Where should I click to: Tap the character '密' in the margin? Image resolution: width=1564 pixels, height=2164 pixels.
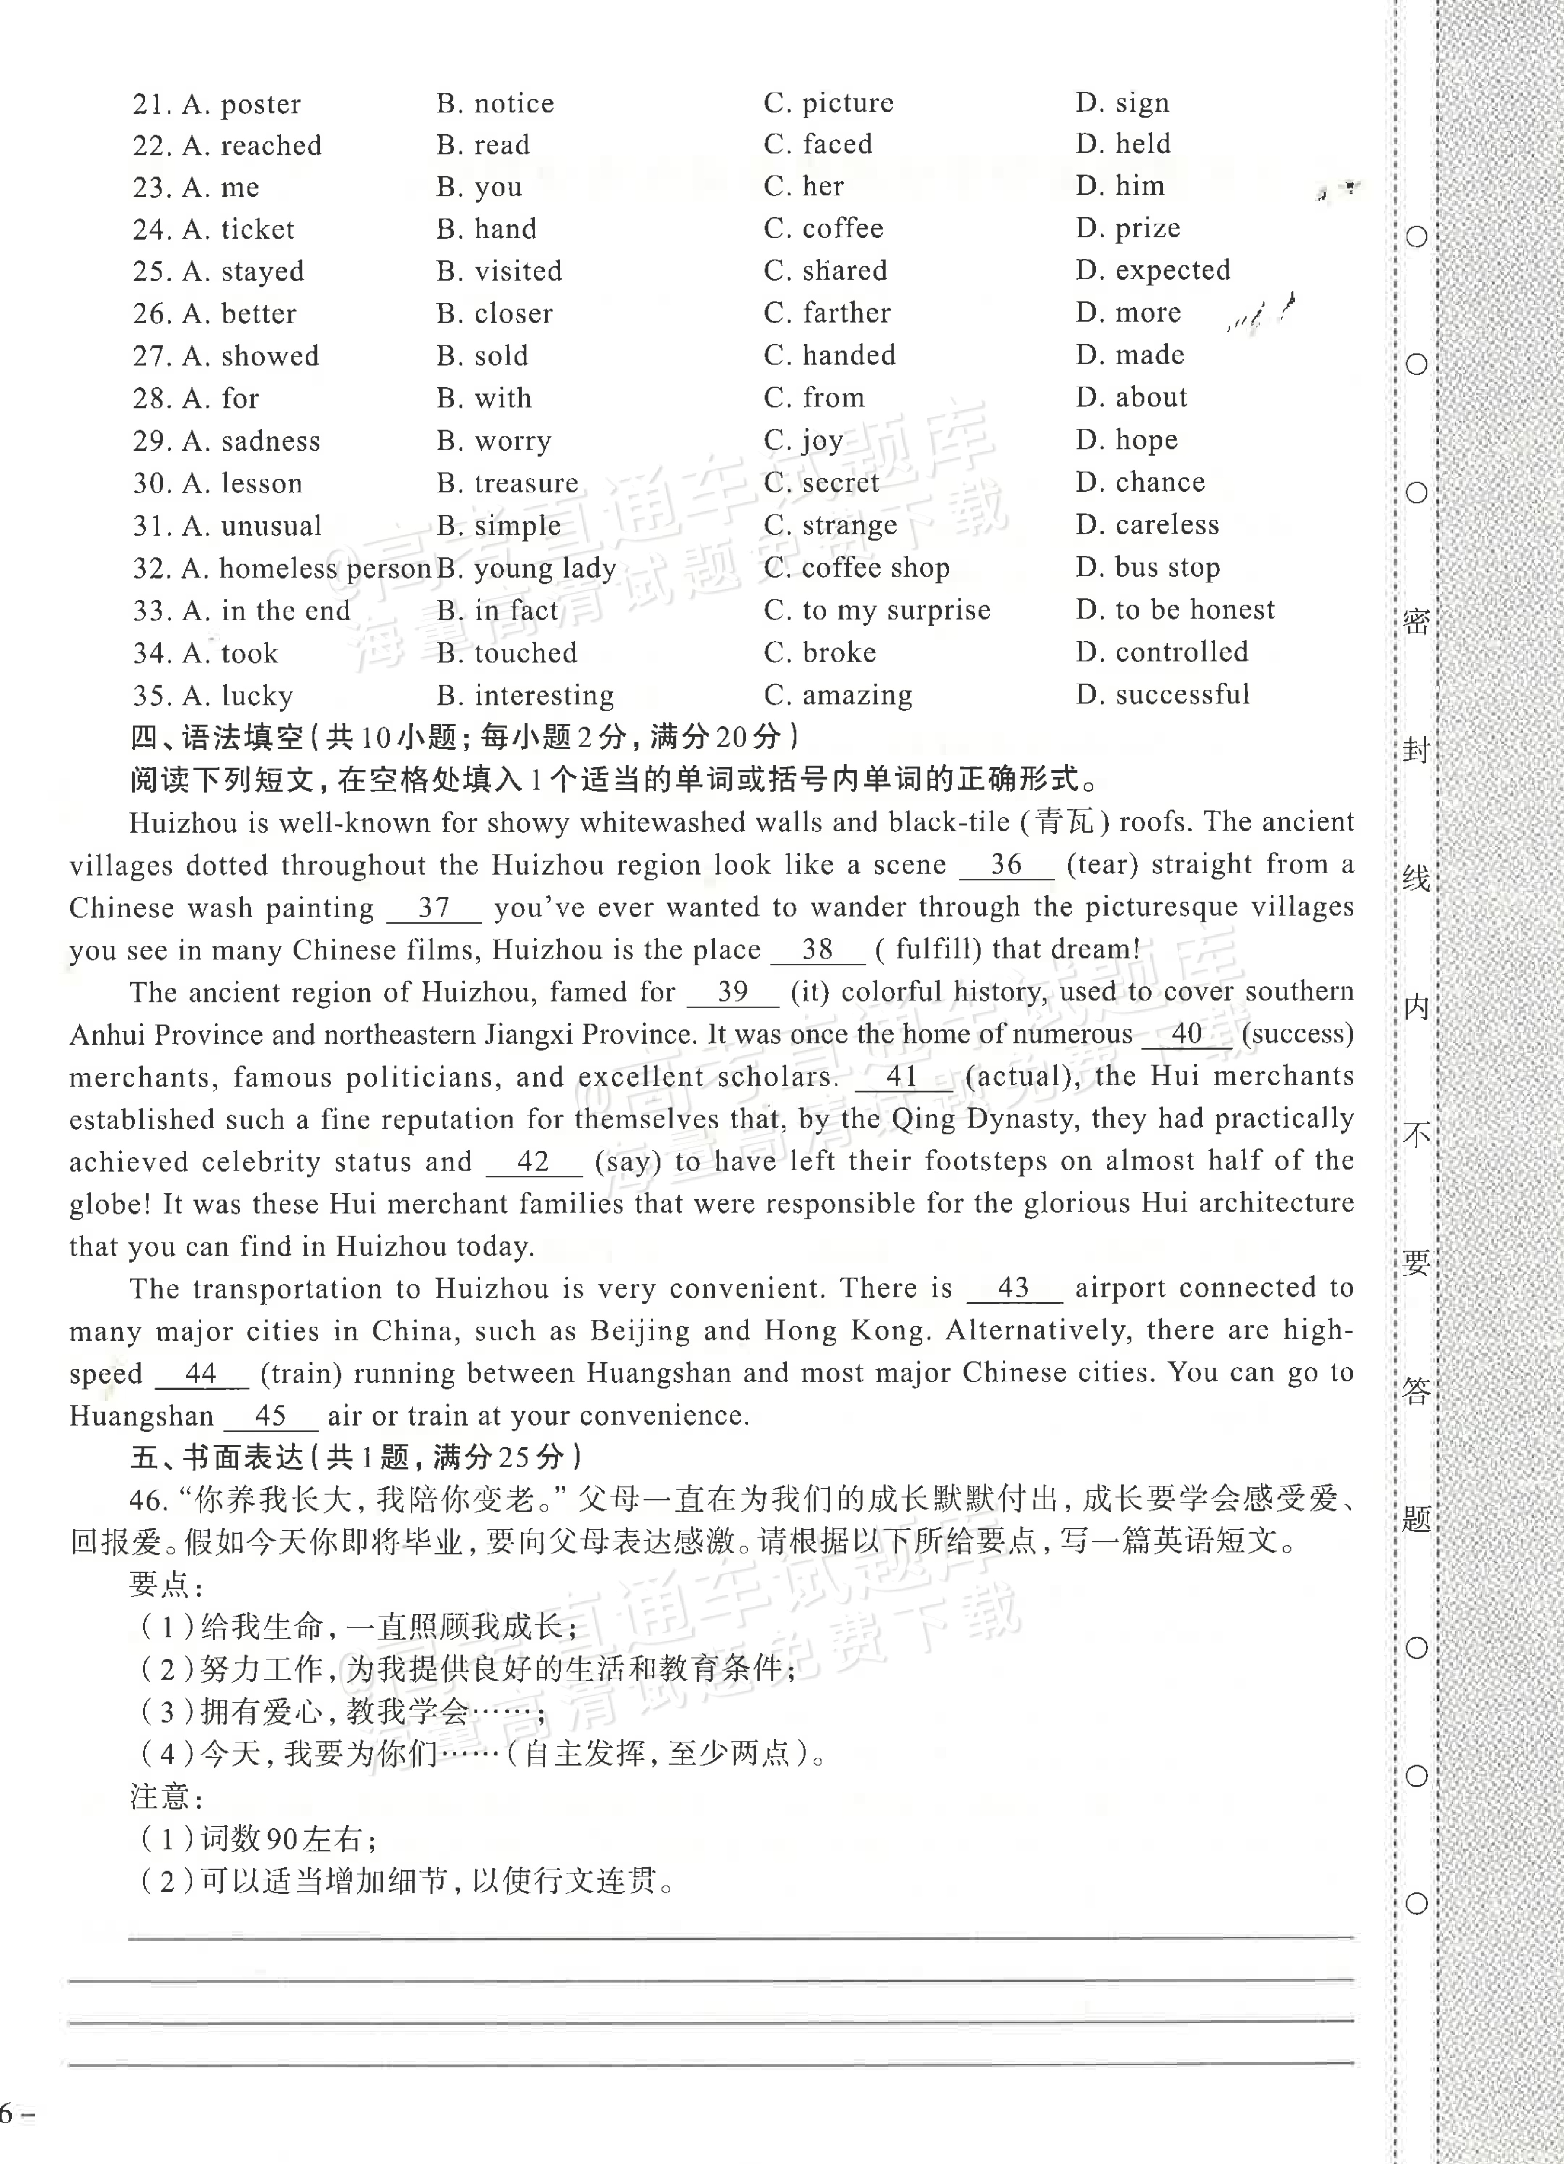(1416, 622)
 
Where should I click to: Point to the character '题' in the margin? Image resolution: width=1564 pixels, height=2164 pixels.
(1416, 1518)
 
